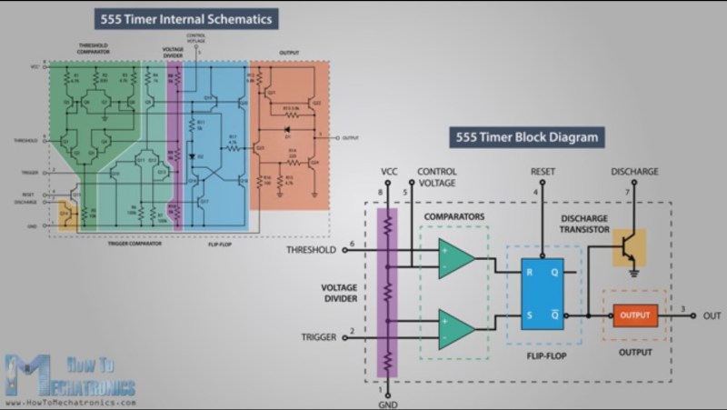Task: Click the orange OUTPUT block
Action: (x=635, y=315)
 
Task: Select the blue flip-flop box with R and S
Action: (x=542, y=293)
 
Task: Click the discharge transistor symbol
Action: (x=628, y=248)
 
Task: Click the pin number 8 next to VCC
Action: (x=378, y=193)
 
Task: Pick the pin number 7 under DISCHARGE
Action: (x=626, y=192)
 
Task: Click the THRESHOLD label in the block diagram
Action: (x=312, y=249)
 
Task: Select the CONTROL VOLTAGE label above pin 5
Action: (x=436, y=176)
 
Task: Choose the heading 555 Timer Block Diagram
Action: (x=524, y=138)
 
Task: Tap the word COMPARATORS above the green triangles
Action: (x=454, y=216)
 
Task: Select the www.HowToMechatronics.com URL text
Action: (x=70, y=401)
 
